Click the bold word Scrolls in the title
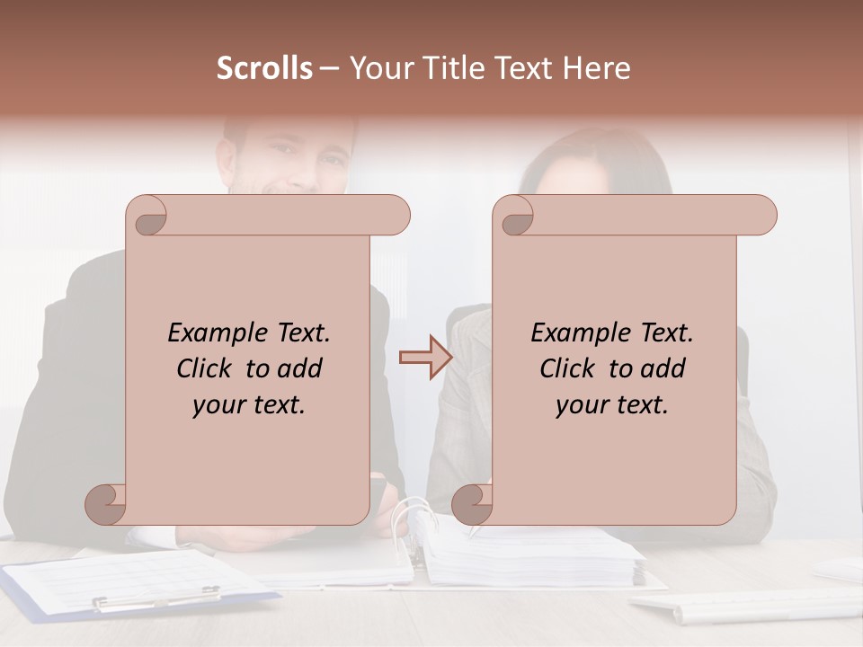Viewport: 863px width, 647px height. [x=264, y=68]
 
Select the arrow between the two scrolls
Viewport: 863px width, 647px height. [x=425, y=357]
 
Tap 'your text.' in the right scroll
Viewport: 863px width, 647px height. [x=612, y=405]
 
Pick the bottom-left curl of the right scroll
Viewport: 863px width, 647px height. [x=471, y=504]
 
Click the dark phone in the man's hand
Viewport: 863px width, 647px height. [x=380, y=486]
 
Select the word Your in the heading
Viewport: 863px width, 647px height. [x=380, y=68]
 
